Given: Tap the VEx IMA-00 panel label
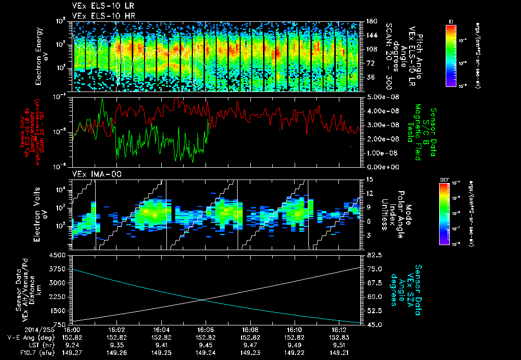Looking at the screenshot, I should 91,174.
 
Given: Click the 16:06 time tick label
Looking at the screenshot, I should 206,329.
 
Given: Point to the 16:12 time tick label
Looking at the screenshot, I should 339,329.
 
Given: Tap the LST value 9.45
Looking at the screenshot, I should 206,344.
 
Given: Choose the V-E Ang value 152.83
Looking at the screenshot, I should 339,337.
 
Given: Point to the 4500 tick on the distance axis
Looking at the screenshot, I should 60,255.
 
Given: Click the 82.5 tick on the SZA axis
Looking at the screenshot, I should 370,255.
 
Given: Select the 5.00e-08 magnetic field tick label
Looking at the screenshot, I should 378,97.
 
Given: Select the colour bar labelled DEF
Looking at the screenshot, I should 444,214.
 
